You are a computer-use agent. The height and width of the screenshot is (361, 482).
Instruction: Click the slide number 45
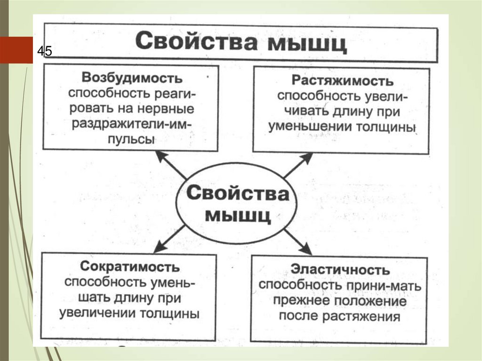[45, 51]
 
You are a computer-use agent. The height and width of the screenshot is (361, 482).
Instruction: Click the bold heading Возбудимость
[132, 78]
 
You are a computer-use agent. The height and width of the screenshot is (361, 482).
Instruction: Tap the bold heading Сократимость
[130, 267]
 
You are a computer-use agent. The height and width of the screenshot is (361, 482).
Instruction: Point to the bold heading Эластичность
[340, 270]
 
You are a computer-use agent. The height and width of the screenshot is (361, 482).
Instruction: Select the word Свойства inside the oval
[238, 193]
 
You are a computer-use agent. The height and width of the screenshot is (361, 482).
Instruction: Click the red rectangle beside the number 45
[16, 50]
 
